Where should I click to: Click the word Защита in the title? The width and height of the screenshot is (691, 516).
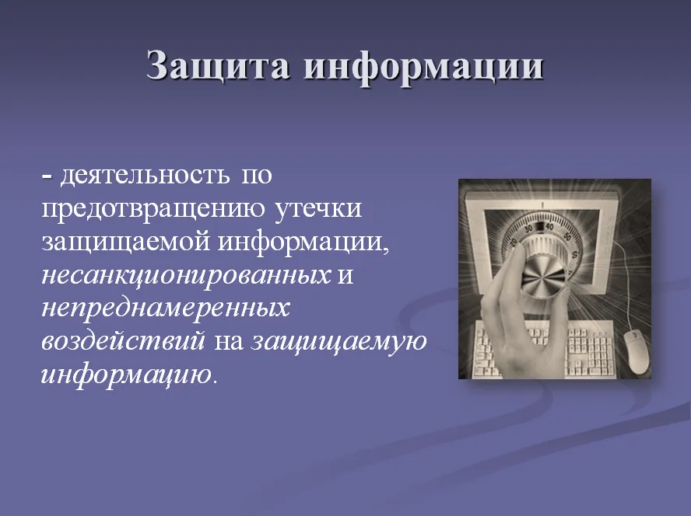(218, 66)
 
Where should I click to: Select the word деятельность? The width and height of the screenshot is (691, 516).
(145, 175)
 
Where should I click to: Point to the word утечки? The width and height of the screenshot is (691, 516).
(318, 209)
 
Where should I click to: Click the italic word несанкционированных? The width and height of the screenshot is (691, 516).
(186, 276)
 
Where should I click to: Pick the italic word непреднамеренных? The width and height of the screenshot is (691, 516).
(166, 309)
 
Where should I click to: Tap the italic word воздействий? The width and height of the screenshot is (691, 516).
(124, 341)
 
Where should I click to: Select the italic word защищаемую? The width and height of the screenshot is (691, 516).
(338, 342)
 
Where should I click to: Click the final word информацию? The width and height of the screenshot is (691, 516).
(127, 375)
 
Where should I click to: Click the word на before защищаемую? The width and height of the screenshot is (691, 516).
(229, 342)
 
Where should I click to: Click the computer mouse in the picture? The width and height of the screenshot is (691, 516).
(636, 351)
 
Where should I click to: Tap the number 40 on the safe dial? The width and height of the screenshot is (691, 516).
(549, 227)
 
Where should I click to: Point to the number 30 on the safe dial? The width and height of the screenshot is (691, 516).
(528, 228)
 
